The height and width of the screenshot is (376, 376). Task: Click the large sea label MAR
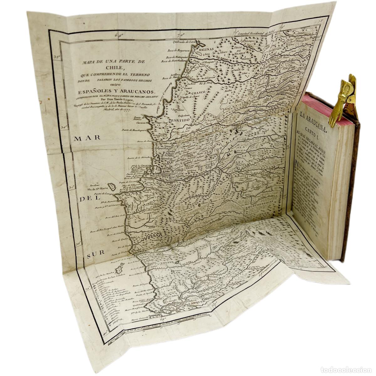(x=82, y=138)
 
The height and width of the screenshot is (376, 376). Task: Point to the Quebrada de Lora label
(x=185, y=41)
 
